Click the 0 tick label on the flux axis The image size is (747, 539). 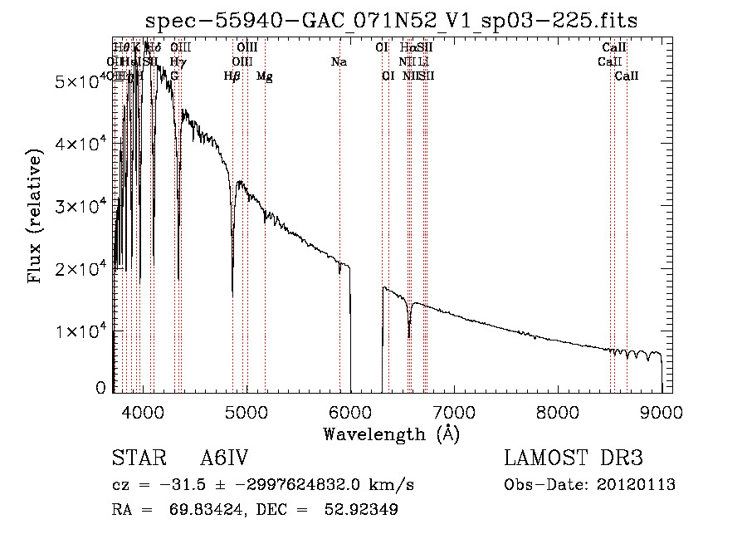pos(100,388)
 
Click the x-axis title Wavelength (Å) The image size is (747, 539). pos(391,434)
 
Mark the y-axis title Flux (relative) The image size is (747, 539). pos(35,217)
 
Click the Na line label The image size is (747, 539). pos(339,61)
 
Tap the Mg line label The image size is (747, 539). pos(265,76)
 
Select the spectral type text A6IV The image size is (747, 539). pos(225,459)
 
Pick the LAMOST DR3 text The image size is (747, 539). pos(573,459)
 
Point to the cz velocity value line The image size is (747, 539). pos(262,485)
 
